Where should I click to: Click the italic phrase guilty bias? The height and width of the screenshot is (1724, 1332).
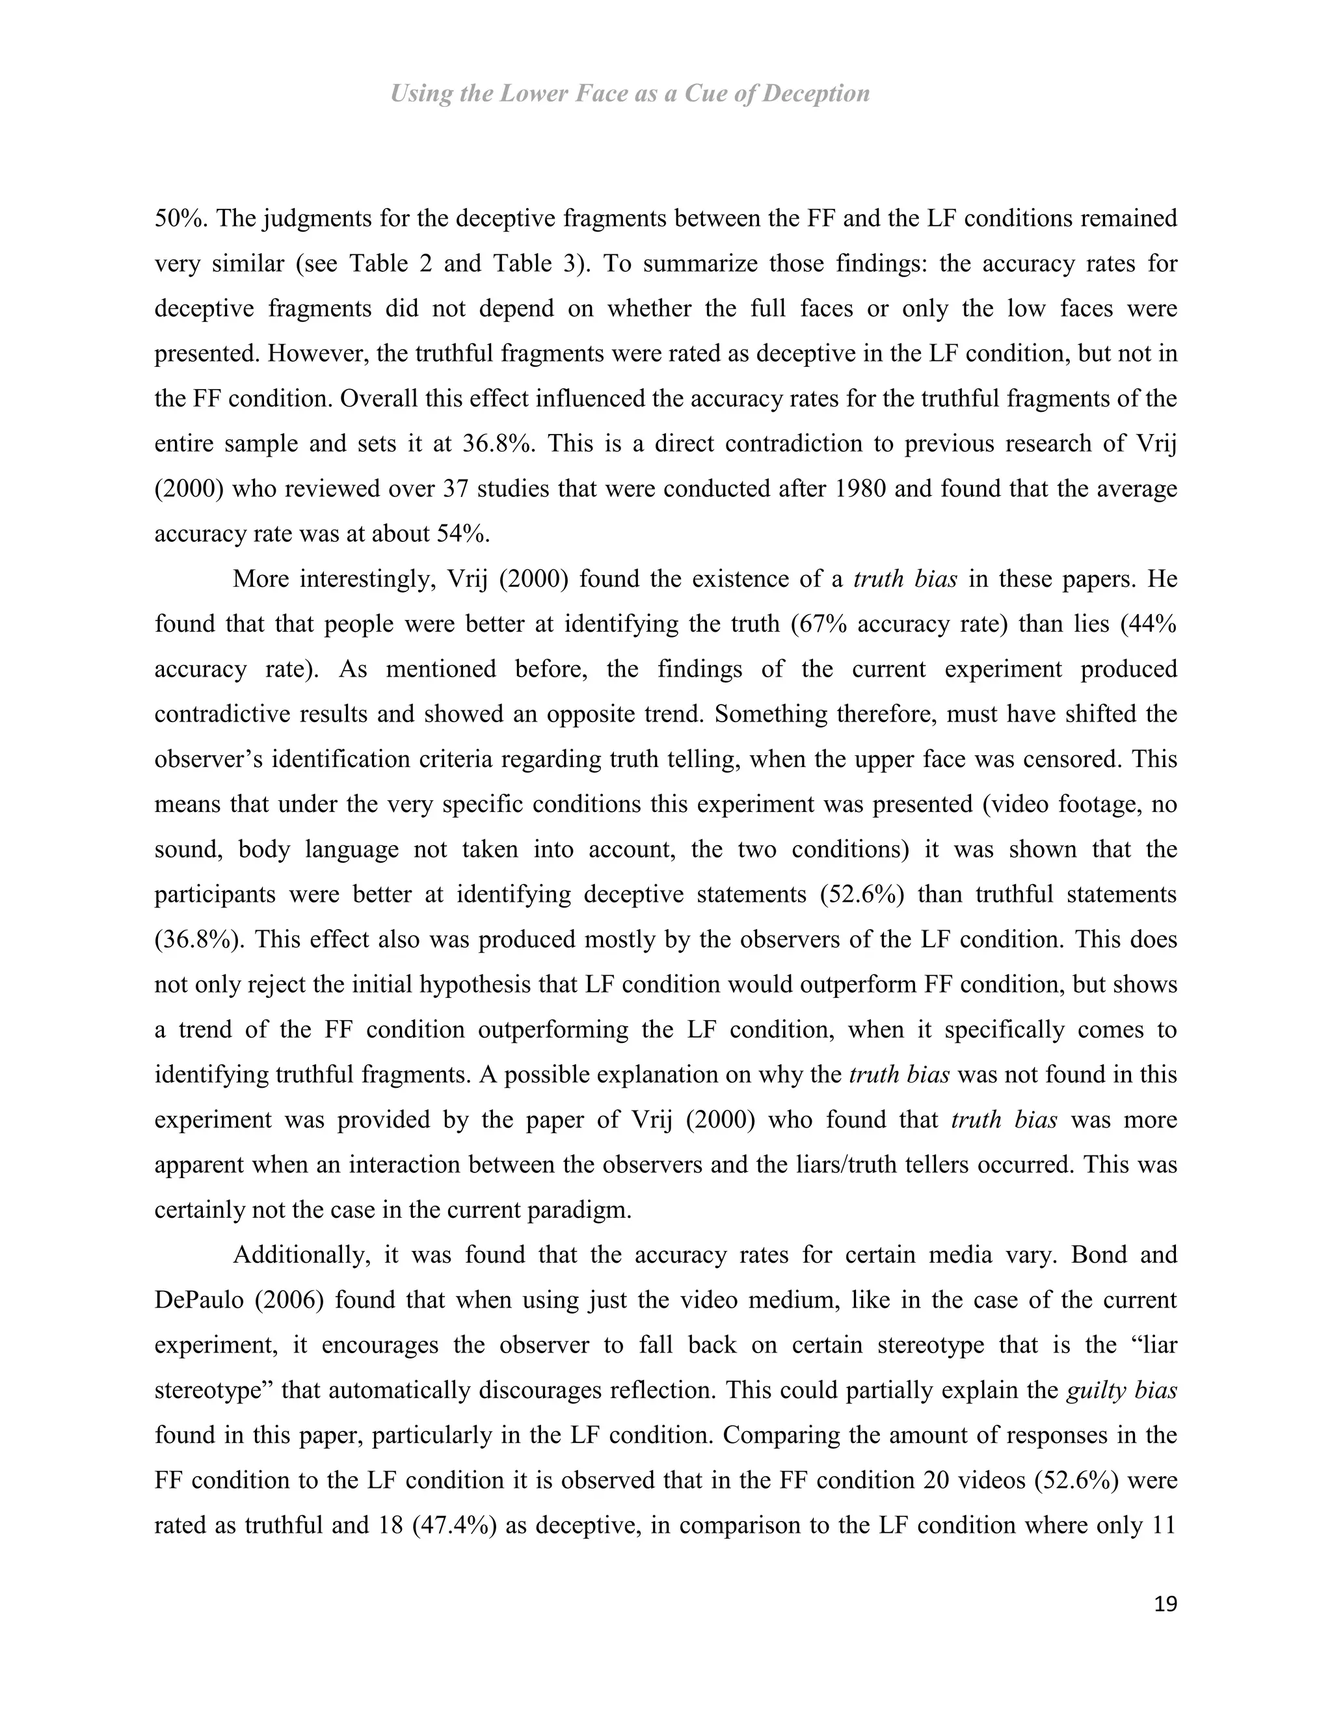pyautogui.click(x=1121, y=1390)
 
